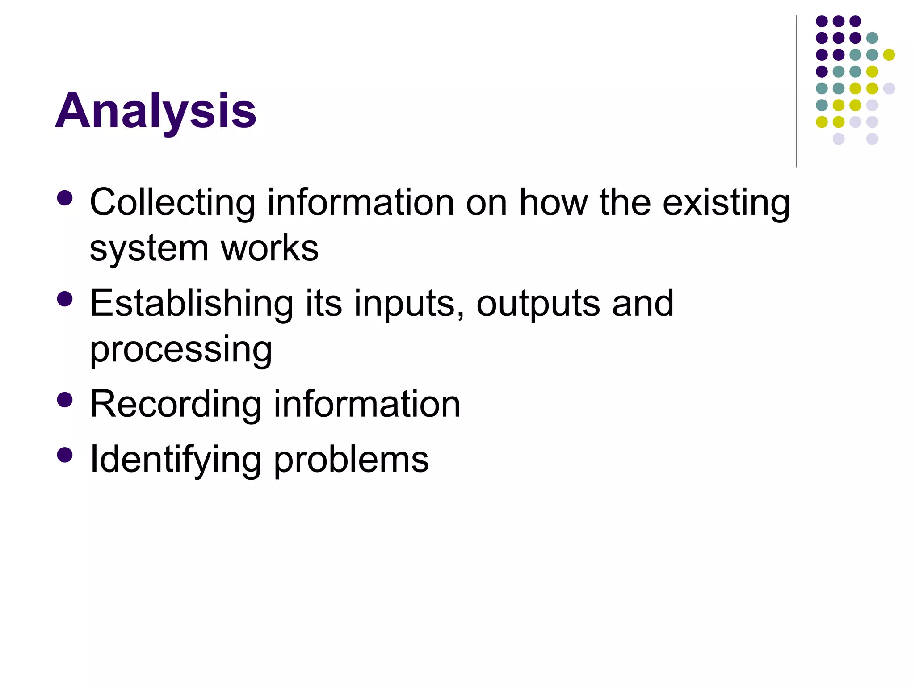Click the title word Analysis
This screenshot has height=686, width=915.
point(155,111)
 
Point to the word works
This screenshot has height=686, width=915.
point(269,248)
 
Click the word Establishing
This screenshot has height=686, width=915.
point(192,304)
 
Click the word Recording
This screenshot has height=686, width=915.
point(176,405)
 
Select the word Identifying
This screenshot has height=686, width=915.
point(176,460)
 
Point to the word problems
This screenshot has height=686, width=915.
point(351,460)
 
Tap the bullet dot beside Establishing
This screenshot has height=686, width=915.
point(65,299)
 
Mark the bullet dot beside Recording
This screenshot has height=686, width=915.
point(65,400)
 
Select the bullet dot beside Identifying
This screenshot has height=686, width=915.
point(65,455)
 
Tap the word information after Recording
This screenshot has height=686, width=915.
point(367,405)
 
